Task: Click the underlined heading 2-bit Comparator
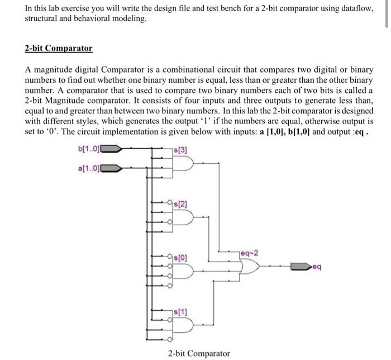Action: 59,48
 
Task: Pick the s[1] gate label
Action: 182,311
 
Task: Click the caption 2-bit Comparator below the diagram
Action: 199,353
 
